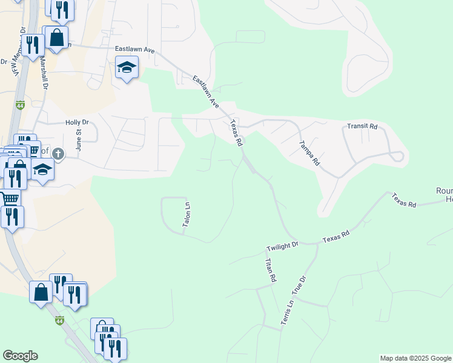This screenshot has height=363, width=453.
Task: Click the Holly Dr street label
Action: pos(77,122)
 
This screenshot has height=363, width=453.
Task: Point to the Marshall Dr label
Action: pos(44,72)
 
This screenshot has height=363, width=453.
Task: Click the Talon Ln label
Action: pos(187,215)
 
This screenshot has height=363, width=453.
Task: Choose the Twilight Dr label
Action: pos(283,246)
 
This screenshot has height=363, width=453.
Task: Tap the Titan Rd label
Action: pos(270,270)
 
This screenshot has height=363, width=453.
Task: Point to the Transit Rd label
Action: pos(362,126)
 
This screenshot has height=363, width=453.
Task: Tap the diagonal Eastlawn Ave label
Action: pos(206,91)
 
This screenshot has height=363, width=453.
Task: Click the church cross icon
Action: pos(58,154)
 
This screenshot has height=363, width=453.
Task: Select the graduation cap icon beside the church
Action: pos(42,169)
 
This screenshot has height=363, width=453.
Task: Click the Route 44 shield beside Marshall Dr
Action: pos(19,106)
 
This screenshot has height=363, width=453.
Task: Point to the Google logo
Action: pos(20,356)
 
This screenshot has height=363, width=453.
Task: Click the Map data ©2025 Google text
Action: pos(415,358)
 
